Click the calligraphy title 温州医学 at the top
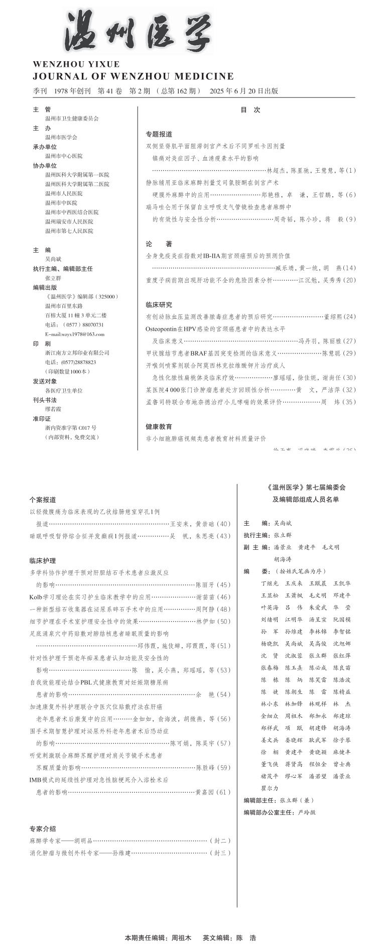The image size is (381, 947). pyautogui.click(x=138, y=31)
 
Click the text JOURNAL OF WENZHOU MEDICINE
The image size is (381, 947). pyautogui.click(x=133, y=76)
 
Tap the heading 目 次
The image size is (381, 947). pyautogui.click(x=250, y=110)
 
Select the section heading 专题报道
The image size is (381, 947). pyautogui.click(x=159, y=134)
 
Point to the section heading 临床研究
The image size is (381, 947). pyautogui.click(x=159, y=305)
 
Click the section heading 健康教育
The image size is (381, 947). pyautogui.click(x=159, y=426)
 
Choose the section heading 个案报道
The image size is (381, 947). pyautogui.click(x=43, y=500)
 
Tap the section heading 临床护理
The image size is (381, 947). pyautogui.click(x=43, y=560)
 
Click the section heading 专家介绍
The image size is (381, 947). pyautogui.click(x=43, y=828)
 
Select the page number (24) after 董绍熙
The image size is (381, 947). pyautogui.click(x=349, y=317)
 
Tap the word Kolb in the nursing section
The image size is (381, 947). pyautogui.click(x=36, y=597)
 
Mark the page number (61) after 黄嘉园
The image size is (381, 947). pyautogui.click(x=223, y=792)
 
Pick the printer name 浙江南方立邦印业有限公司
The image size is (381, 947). pyautogui.click(x=77, y=352)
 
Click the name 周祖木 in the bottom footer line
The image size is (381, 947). pyautogui.click(x=181, y=937)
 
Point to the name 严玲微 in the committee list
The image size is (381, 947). pyautogui.click(x=307, y=812)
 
